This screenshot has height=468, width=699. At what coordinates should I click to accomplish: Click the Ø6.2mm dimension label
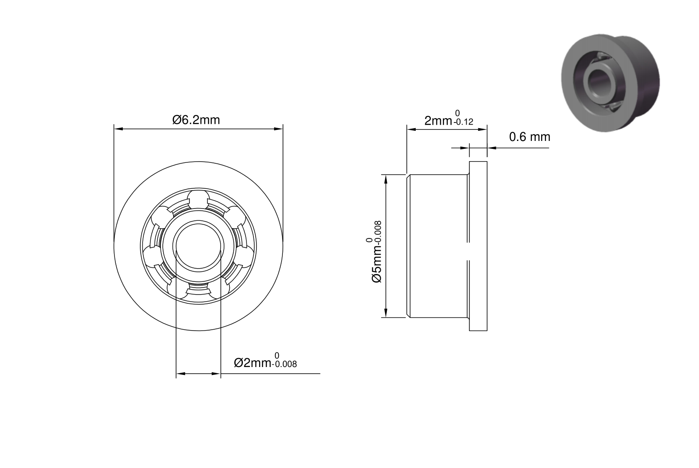pyautogui.click(x=196, y=120)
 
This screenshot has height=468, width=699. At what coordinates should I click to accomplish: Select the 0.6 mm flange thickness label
pyautogui.click(x=530, y=137)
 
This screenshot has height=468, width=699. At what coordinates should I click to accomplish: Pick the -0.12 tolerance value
pyautogui.click(x=463, y=122)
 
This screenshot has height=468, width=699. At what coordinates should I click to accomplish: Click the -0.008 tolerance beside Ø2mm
pyautogui.click(x=284, y=364)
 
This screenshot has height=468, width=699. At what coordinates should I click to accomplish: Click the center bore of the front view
pyautogui.click(x=199, y=246)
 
